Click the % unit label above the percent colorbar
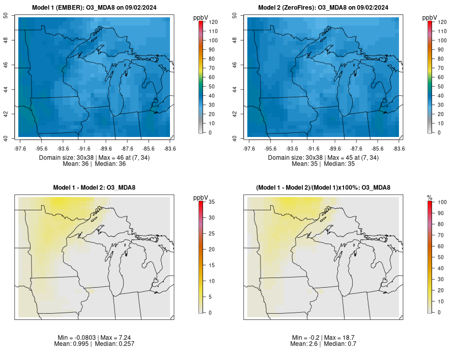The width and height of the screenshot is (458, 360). click(x=430, y=198)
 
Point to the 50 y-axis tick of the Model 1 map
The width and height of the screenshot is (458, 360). click(x=12, y=15)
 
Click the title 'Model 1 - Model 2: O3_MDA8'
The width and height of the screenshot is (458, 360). click(x=94, y=188)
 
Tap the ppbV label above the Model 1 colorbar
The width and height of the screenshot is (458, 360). click(x=201, y=18)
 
